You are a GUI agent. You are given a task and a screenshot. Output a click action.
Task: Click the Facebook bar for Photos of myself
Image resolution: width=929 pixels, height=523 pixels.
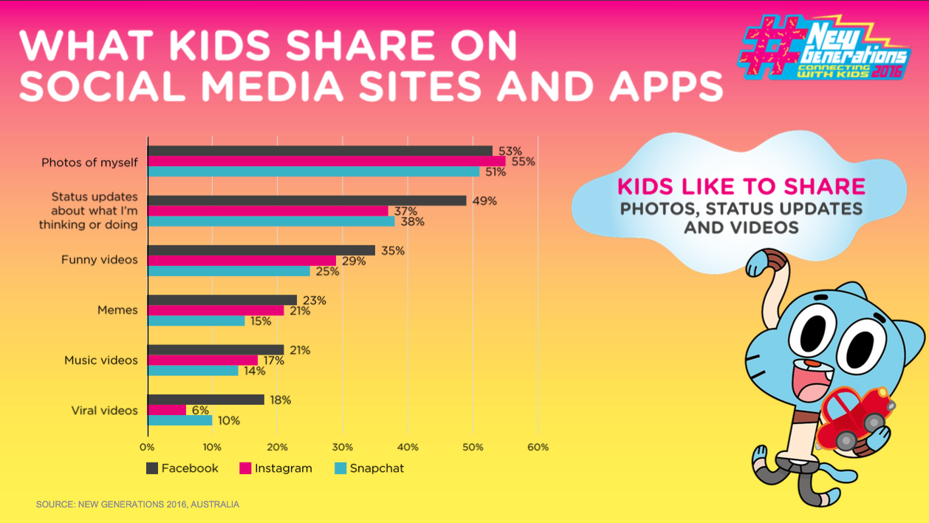tap(320, 151)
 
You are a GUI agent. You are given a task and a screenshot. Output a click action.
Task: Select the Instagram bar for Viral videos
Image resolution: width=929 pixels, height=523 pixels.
tap(167, 410)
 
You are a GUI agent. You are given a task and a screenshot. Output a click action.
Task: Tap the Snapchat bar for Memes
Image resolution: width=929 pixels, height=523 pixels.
tap(196, 321)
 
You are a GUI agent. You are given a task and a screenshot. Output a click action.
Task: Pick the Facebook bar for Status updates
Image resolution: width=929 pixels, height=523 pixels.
tap(307, 200)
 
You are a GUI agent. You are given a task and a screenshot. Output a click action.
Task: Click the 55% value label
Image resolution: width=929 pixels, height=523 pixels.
tap(523, 162)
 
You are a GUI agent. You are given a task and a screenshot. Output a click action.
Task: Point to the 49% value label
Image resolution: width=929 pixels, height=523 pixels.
tap(485, 201)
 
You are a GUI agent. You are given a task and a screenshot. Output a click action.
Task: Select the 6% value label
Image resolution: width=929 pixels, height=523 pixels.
tap(200, 411)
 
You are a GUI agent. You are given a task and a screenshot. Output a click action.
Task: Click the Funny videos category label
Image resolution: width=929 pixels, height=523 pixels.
tap(99, 260)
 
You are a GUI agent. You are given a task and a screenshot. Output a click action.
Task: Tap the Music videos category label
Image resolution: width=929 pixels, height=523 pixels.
tap(100, 360)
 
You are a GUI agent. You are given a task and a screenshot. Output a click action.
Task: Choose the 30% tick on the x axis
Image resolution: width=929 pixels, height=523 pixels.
tap(343, 447)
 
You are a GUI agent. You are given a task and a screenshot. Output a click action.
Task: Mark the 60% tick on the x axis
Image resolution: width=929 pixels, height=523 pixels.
tap(538, 447)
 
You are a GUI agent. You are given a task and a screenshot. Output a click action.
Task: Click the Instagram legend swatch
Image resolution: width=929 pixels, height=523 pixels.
tap(246, 468)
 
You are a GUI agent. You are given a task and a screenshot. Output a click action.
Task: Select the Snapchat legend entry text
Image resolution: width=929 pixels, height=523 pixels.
tap(377, 468)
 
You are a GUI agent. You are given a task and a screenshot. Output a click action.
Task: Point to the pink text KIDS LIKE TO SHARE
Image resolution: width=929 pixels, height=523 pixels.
tap(741, 185)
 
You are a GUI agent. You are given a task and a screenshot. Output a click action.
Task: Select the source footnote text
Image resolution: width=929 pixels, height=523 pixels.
tap(137, 505)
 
